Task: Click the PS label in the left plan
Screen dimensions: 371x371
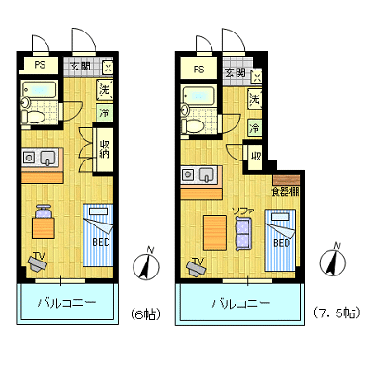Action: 40,65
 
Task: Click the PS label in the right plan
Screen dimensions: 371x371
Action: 199,69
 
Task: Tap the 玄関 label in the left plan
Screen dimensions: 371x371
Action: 81,66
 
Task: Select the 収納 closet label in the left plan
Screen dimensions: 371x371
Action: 104,149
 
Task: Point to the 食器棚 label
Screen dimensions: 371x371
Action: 285,192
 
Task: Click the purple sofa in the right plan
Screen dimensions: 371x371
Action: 244,234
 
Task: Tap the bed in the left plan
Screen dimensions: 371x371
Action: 98,236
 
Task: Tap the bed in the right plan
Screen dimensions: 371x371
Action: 280,240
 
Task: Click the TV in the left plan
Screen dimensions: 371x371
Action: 38,262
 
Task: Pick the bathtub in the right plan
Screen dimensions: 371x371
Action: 198,95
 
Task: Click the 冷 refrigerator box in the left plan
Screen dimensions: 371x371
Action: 105,112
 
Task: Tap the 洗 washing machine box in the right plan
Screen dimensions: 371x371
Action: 255,98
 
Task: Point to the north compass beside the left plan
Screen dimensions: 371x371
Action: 146,263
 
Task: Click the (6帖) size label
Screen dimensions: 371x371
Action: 146,314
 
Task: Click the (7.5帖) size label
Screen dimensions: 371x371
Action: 337,313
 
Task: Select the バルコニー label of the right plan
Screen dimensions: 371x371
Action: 240,303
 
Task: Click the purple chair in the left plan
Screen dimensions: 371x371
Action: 44,211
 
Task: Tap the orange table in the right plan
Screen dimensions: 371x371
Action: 215,233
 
